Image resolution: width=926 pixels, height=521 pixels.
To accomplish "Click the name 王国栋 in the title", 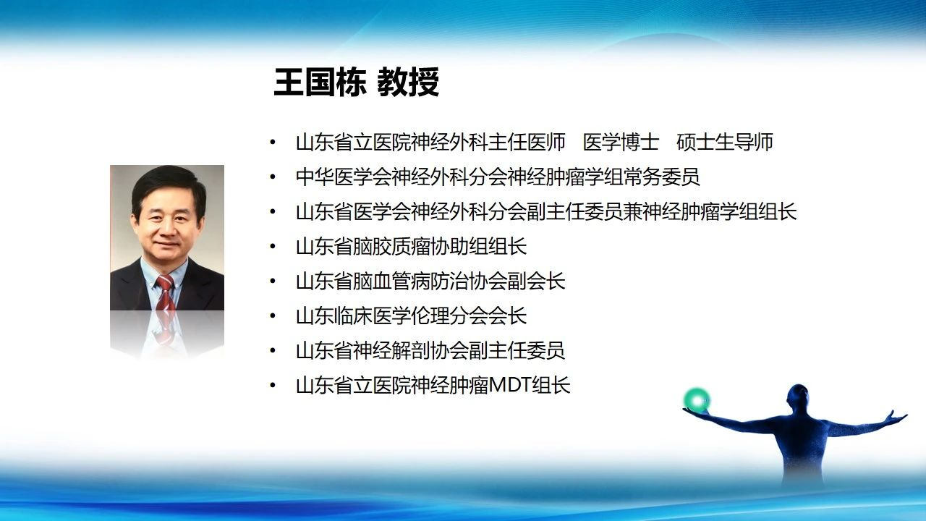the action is click(320, 82).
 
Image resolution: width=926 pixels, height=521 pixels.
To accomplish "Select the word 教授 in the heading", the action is click(408, 82).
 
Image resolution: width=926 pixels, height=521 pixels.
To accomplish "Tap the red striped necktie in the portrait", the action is click(165, 293).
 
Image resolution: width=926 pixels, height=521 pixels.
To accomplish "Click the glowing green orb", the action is click(697, 400).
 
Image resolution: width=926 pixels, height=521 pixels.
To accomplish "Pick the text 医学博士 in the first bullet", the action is click(621, 143).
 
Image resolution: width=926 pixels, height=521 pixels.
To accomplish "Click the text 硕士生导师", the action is click(725, 143).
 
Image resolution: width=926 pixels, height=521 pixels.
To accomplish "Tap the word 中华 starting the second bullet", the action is click(315, 177).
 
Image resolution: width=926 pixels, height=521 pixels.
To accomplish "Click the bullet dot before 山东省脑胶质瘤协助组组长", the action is click(273, 247).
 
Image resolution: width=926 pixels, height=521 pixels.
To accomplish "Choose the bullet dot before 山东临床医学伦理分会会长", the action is click(273, 316).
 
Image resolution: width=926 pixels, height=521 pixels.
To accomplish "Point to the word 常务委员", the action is click(661, 177).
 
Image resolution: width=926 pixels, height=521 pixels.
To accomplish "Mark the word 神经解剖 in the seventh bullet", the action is click(391, 351).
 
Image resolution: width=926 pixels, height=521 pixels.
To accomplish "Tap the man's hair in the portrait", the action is click(169, 184).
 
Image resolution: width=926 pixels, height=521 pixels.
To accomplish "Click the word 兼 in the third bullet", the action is click(632, 212).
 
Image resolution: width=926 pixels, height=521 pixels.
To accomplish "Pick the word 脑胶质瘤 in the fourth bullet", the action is click(391, 247).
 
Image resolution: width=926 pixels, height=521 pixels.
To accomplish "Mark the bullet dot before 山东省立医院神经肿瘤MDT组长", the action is click(273, 386).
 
